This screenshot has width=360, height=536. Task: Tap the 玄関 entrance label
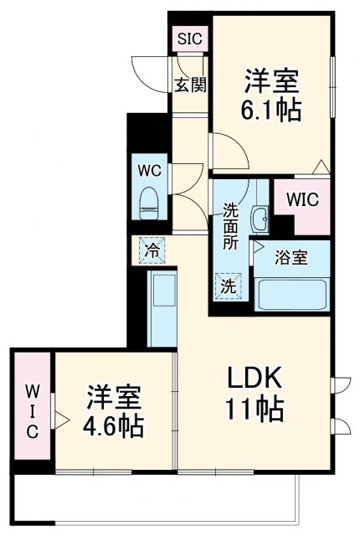[x=190, y=85]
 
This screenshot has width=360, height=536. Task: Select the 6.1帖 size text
[x=273, y=110]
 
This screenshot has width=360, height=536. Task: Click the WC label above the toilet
[x=150, y=168]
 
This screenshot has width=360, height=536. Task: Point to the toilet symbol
[x=150, y=198]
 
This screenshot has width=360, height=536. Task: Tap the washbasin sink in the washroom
[x=260, y=220]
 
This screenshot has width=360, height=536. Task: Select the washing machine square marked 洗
[x=229, y=286]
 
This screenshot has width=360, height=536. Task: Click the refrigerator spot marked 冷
[x=152, y=249]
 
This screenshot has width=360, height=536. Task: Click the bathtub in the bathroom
[x=292, y=294]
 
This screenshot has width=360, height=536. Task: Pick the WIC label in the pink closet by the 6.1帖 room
[x=301, y=200]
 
